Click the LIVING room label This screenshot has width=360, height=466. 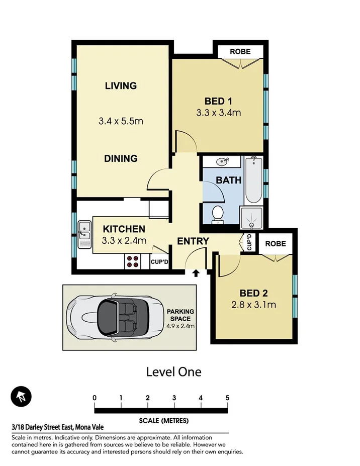[x=121, y=85]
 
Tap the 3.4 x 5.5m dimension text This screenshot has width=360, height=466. [x=121, y=121]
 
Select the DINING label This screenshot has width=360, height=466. [x=121, y=158]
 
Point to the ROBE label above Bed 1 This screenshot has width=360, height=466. [x=240, y=52]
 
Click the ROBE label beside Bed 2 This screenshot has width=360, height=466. [x=276, y=244]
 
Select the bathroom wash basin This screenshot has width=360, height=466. [x=222, y=162]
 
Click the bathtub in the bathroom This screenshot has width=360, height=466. [x=253, y=180]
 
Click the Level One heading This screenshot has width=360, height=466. [x=173, y=372]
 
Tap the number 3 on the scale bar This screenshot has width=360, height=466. [x=174, y=398]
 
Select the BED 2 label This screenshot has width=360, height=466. [x=254, y=293]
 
